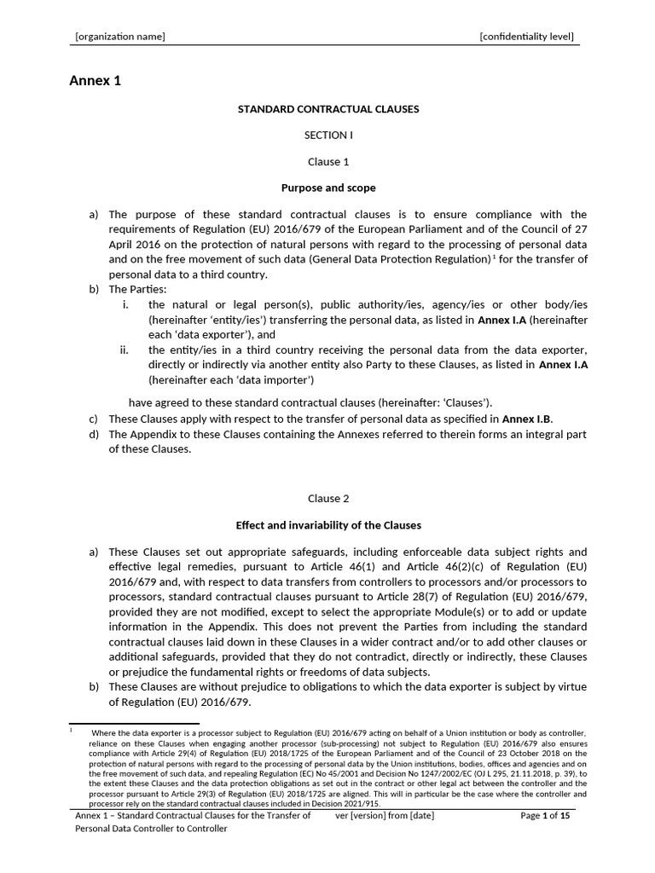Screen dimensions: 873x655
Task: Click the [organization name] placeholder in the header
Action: [120, 37]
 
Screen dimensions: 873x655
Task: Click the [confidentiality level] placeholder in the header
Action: [526, 37]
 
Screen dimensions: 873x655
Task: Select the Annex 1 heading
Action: [95, 82]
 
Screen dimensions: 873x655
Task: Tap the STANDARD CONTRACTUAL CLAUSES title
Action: [327, 109]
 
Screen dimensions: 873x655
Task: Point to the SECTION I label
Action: [327, 135]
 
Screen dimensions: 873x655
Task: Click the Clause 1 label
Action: [328, 161]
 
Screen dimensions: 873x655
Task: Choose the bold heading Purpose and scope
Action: [328, 188]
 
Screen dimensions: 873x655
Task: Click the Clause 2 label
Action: [328, 498]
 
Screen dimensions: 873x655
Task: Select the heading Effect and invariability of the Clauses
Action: [328, 525]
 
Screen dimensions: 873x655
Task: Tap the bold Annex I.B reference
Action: [527, 419]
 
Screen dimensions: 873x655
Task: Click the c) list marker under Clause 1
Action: [94, 419]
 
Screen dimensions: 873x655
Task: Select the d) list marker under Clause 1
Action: [94, 435]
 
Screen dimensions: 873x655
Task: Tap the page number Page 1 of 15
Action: [544, 816]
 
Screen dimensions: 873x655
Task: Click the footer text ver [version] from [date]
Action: [385, 816]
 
